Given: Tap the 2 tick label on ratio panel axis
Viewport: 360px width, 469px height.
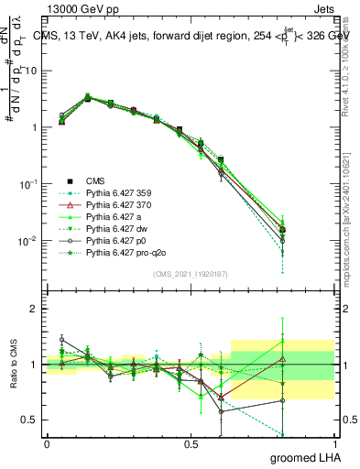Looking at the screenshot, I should (34, 309).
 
